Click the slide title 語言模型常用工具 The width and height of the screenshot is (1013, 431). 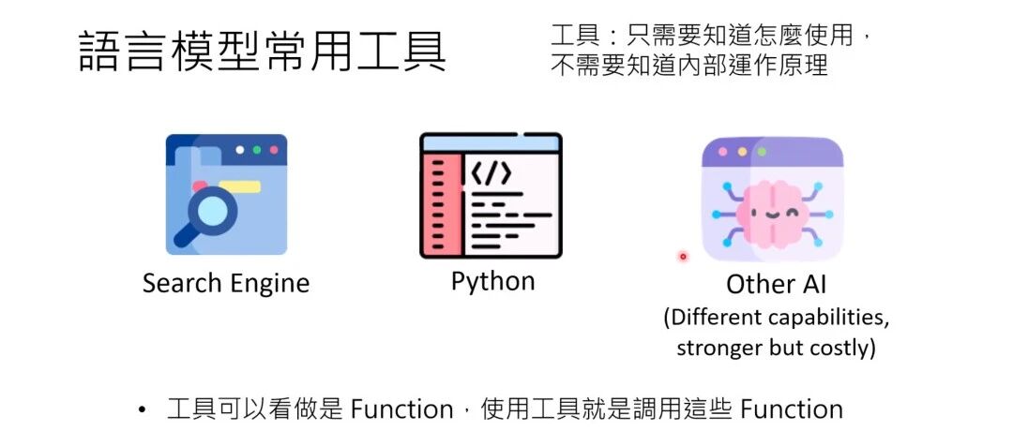[262, 53]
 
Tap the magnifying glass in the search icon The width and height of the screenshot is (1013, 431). [212, 212]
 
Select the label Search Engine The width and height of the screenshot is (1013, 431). [225, 283]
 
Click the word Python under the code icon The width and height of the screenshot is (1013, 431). [492, 281]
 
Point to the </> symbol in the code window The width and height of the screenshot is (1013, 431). [491, 173]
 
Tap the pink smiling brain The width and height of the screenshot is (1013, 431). [772, 210]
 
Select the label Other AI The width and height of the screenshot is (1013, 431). [777, 284]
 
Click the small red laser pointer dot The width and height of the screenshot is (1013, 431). [683, 256]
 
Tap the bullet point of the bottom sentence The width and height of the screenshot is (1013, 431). [143, 410]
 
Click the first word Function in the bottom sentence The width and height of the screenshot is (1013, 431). [401, 409]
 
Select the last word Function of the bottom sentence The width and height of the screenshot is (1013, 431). [791, 409]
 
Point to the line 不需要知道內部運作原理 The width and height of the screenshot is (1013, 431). [688, 67]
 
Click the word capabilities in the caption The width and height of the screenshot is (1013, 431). [831, 317]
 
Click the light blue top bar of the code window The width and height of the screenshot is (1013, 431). [491, 143]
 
